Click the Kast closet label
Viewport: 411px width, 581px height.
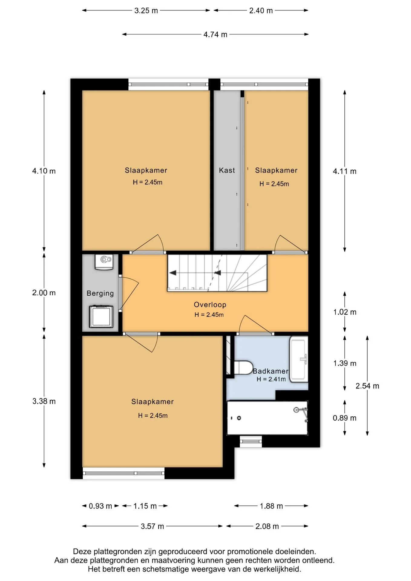coord(227,170)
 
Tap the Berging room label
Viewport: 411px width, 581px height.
coord(100,293)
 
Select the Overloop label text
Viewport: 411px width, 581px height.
coord(210,305)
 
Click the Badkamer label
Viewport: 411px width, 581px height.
coord(270,371)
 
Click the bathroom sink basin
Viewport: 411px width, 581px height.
coord(299,359)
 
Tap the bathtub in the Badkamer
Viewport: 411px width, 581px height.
coord(267,418)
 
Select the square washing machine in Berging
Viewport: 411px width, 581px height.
coord(101,317)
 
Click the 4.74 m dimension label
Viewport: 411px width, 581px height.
coord(215,34)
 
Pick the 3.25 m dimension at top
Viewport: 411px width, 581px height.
coord(146,11)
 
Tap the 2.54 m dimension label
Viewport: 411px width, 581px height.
coord(367,386)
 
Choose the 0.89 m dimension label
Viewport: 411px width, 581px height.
coord(344,418)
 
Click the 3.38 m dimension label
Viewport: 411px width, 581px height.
coord(44,401)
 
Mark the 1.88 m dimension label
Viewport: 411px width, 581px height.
coord(271,506)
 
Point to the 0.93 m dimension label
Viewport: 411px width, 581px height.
coord(100,506)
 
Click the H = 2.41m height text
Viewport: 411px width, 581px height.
coord(271,379)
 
